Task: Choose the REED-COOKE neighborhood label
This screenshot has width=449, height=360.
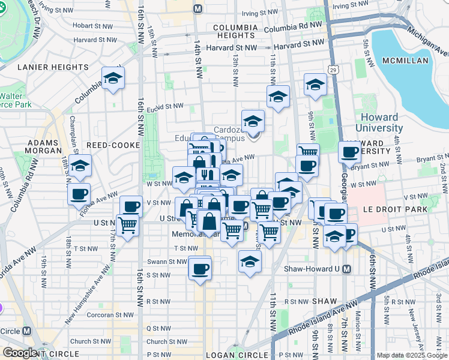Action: pos(113,145)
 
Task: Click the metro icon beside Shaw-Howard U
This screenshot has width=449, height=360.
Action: pos(346,269)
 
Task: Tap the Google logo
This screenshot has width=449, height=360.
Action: pos(20,353)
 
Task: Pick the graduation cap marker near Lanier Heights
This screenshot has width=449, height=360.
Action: pos(113,79)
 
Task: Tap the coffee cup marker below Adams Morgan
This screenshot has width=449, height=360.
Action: pos(79,194)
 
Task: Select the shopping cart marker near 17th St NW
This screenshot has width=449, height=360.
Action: pos(127,226)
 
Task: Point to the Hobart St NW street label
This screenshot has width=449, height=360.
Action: pos(92,26)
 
